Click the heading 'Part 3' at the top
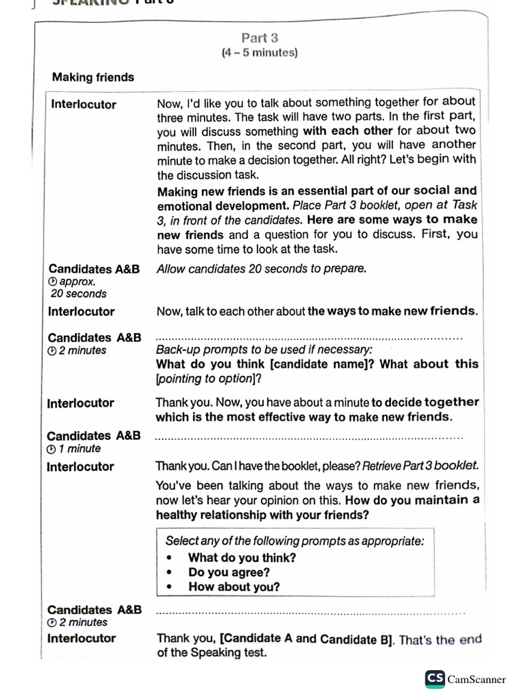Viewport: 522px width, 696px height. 260,38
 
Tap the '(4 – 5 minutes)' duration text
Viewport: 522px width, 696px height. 260,53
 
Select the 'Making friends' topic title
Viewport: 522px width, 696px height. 93,77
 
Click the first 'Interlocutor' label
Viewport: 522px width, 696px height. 84,105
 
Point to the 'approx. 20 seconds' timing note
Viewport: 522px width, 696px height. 77,288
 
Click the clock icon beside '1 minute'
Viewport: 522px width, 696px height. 51,449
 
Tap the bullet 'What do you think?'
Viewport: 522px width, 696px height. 242,557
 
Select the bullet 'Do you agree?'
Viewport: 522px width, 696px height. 229,572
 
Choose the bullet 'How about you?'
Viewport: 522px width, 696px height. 234,587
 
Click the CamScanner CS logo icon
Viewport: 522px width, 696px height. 435,678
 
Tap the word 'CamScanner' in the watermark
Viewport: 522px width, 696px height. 476,679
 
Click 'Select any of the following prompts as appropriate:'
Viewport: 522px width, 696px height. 294,541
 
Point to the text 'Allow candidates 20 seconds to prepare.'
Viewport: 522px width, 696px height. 261,268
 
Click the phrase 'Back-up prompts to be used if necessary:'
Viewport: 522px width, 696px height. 264,349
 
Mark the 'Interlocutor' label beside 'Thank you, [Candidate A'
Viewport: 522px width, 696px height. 81,638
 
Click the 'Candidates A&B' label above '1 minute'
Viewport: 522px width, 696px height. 94,436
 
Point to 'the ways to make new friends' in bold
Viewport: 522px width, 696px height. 392,311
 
